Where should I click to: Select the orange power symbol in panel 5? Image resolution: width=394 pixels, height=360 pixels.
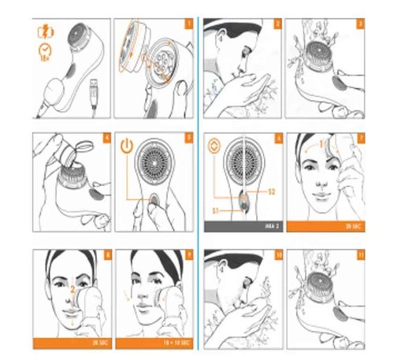128,146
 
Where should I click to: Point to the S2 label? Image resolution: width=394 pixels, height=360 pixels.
270,191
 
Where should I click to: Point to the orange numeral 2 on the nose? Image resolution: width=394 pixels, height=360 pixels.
73,289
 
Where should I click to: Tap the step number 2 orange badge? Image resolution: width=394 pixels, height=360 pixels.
277,24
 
